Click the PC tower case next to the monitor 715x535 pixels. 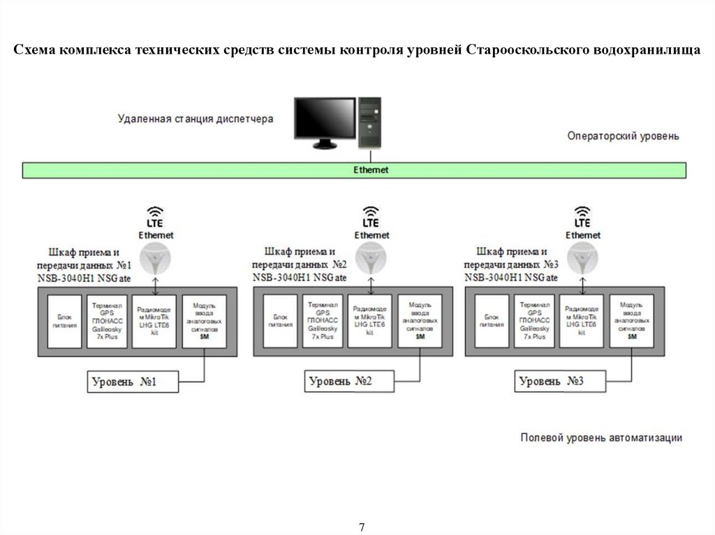pyautogui.click(x=370, y=123)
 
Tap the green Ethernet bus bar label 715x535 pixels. pyautogui.click(x=370, y=170)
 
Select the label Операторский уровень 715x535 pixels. pyautogui.click(x=622, y=136)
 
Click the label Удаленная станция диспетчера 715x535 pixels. pyautogui.click(x=196, y=119)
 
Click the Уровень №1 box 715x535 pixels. pyautogui.click(x=133, y=382)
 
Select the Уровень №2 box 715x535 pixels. pyautogui.click(x=349, y=382)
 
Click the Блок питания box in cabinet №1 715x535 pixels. pyautogui.click(x=64, y=321)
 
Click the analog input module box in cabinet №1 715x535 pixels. pyautogui.click(x=204, y=321)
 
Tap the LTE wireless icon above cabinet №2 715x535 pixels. pyautogui.click(x=371, y=217)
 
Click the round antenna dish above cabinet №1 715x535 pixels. pyautogui.click(x=155, y=259)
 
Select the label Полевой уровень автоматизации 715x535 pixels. pyautogui.click(x=601, y=437)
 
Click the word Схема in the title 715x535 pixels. pyautogui.click(x=34, y=51)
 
